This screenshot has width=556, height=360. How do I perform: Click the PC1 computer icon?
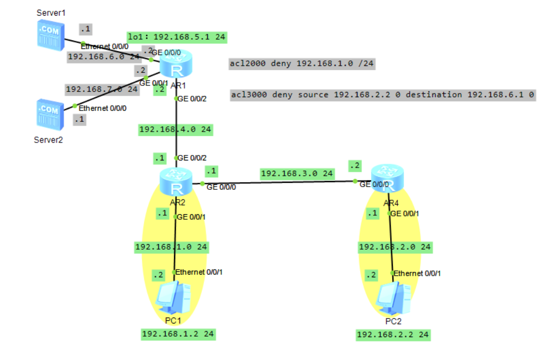point(173,300)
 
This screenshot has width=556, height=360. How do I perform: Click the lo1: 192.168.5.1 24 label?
point(176,37)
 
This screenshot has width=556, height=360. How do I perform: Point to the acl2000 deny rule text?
point(302,64)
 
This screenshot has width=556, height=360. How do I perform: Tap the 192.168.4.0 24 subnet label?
point(175,129)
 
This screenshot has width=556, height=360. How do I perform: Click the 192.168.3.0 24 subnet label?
point(297,173)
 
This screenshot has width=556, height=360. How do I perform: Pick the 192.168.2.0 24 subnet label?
point(395,247)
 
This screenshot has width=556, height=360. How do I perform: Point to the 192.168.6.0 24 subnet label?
point(103,56)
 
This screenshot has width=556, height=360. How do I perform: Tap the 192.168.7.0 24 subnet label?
point(102,89)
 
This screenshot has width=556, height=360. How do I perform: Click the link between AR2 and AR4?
point(277,182)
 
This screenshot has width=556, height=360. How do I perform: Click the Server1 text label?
point(51,12)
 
